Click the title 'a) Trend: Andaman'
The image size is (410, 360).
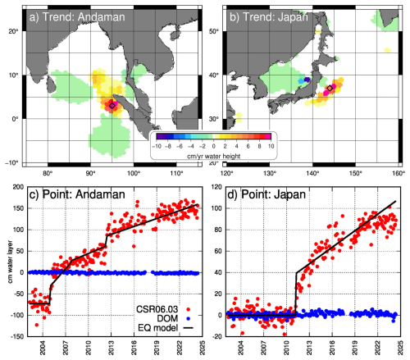77,17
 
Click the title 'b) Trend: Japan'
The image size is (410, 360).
269,17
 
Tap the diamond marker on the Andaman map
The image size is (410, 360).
112,106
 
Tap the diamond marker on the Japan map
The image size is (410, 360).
330,88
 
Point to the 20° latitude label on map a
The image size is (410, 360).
13,31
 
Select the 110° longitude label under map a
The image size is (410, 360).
176,173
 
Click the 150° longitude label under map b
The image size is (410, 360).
355,173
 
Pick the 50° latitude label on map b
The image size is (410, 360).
214,31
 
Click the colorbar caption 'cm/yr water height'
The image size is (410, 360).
214,156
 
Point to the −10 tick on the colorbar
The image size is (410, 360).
157,146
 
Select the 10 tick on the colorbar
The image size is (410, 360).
271,146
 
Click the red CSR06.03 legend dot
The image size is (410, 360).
188,309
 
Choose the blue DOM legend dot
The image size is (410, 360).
188,318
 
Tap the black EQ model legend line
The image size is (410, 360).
188,327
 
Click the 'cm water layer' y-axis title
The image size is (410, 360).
10,262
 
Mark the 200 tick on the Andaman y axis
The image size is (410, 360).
19,187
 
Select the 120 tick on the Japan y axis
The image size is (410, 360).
216,187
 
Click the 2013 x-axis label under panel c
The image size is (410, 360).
111,348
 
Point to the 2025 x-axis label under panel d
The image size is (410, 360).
400,348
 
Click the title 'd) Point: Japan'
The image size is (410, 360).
266,194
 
